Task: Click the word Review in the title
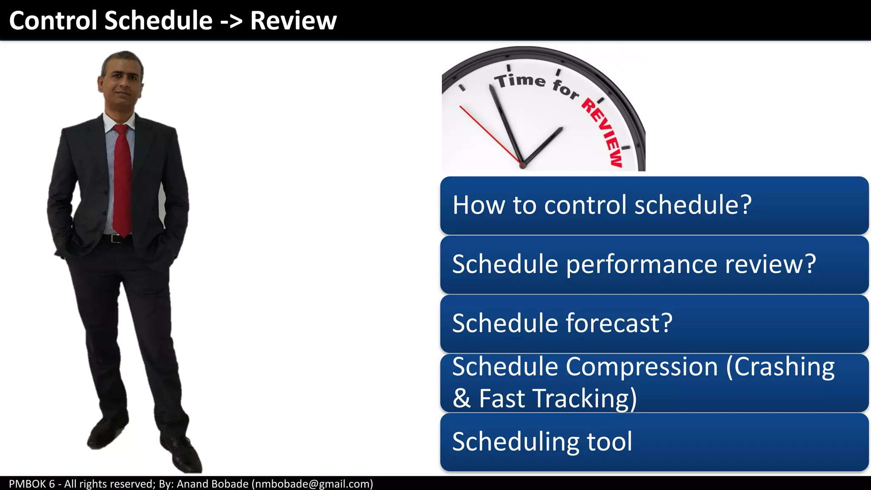(293, 20)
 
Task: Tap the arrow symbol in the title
(231, 21)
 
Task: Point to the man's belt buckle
(115, 239)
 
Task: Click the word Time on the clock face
(520, 80)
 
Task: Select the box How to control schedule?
(654, 205)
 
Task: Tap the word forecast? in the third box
(619, 323)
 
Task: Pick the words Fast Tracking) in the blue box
(558, 399)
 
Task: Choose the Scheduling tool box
(654, 442)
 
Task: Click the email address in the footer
(312, 484)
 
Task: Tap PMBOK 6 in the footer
(32, 484)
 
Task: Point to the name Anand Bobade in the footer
(212, 484)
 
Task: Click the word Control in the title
(54, 20)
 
